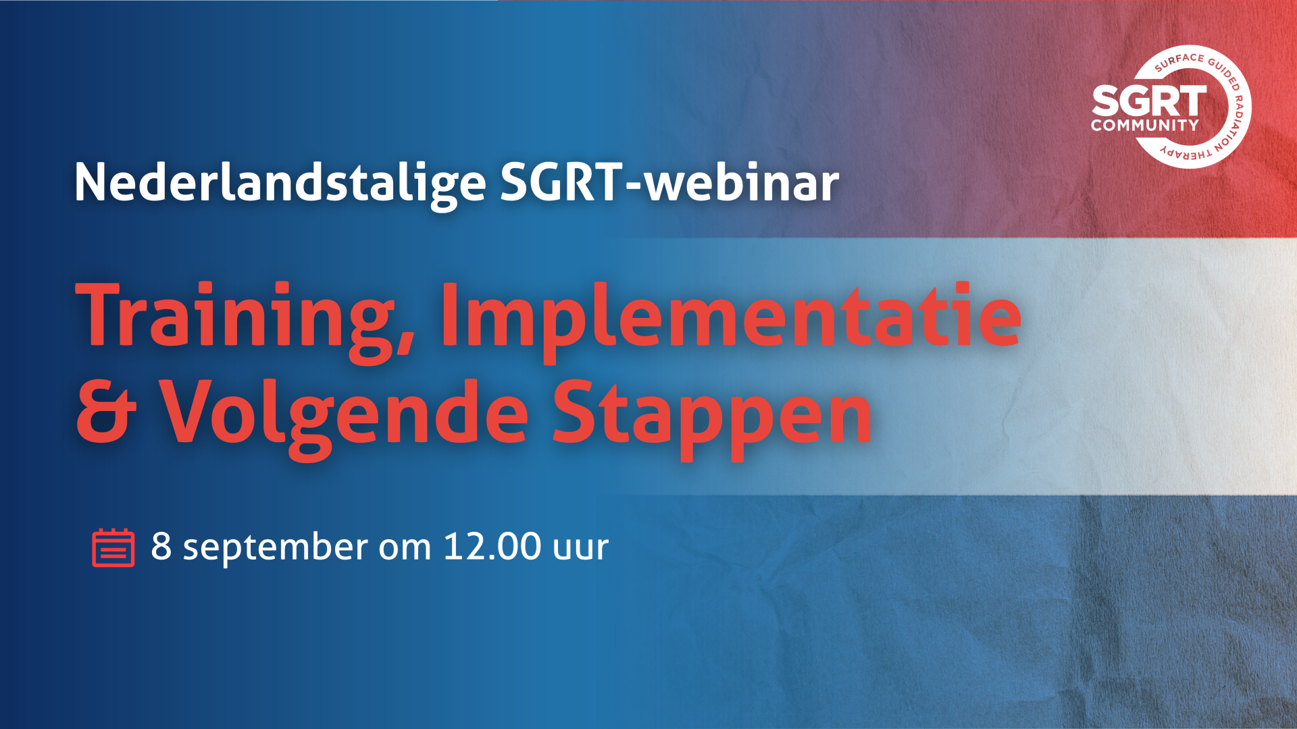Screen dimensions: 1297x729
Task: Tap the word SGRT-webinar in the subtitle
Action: tap(669, 182)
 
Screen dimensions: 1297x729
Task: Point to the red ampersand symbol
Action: tap(106, 412)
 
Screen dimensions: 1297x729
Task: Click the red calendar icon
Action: tap(113, 547)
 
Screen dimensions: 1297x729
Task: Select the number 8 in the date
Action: tap(161, 546)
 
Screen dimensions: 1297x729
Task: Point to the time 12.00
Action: tap(492, 546)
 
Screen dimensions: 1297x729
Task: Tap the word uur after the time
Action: tap(581, 549)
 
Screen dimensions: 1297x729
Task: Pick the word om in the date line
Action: tap(405, 549)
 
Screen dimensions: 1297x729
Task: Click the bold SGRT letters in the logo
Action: tap(1149, 101)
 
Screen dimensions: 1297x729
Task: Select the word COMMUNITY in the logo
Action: tap(1145, 126)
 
